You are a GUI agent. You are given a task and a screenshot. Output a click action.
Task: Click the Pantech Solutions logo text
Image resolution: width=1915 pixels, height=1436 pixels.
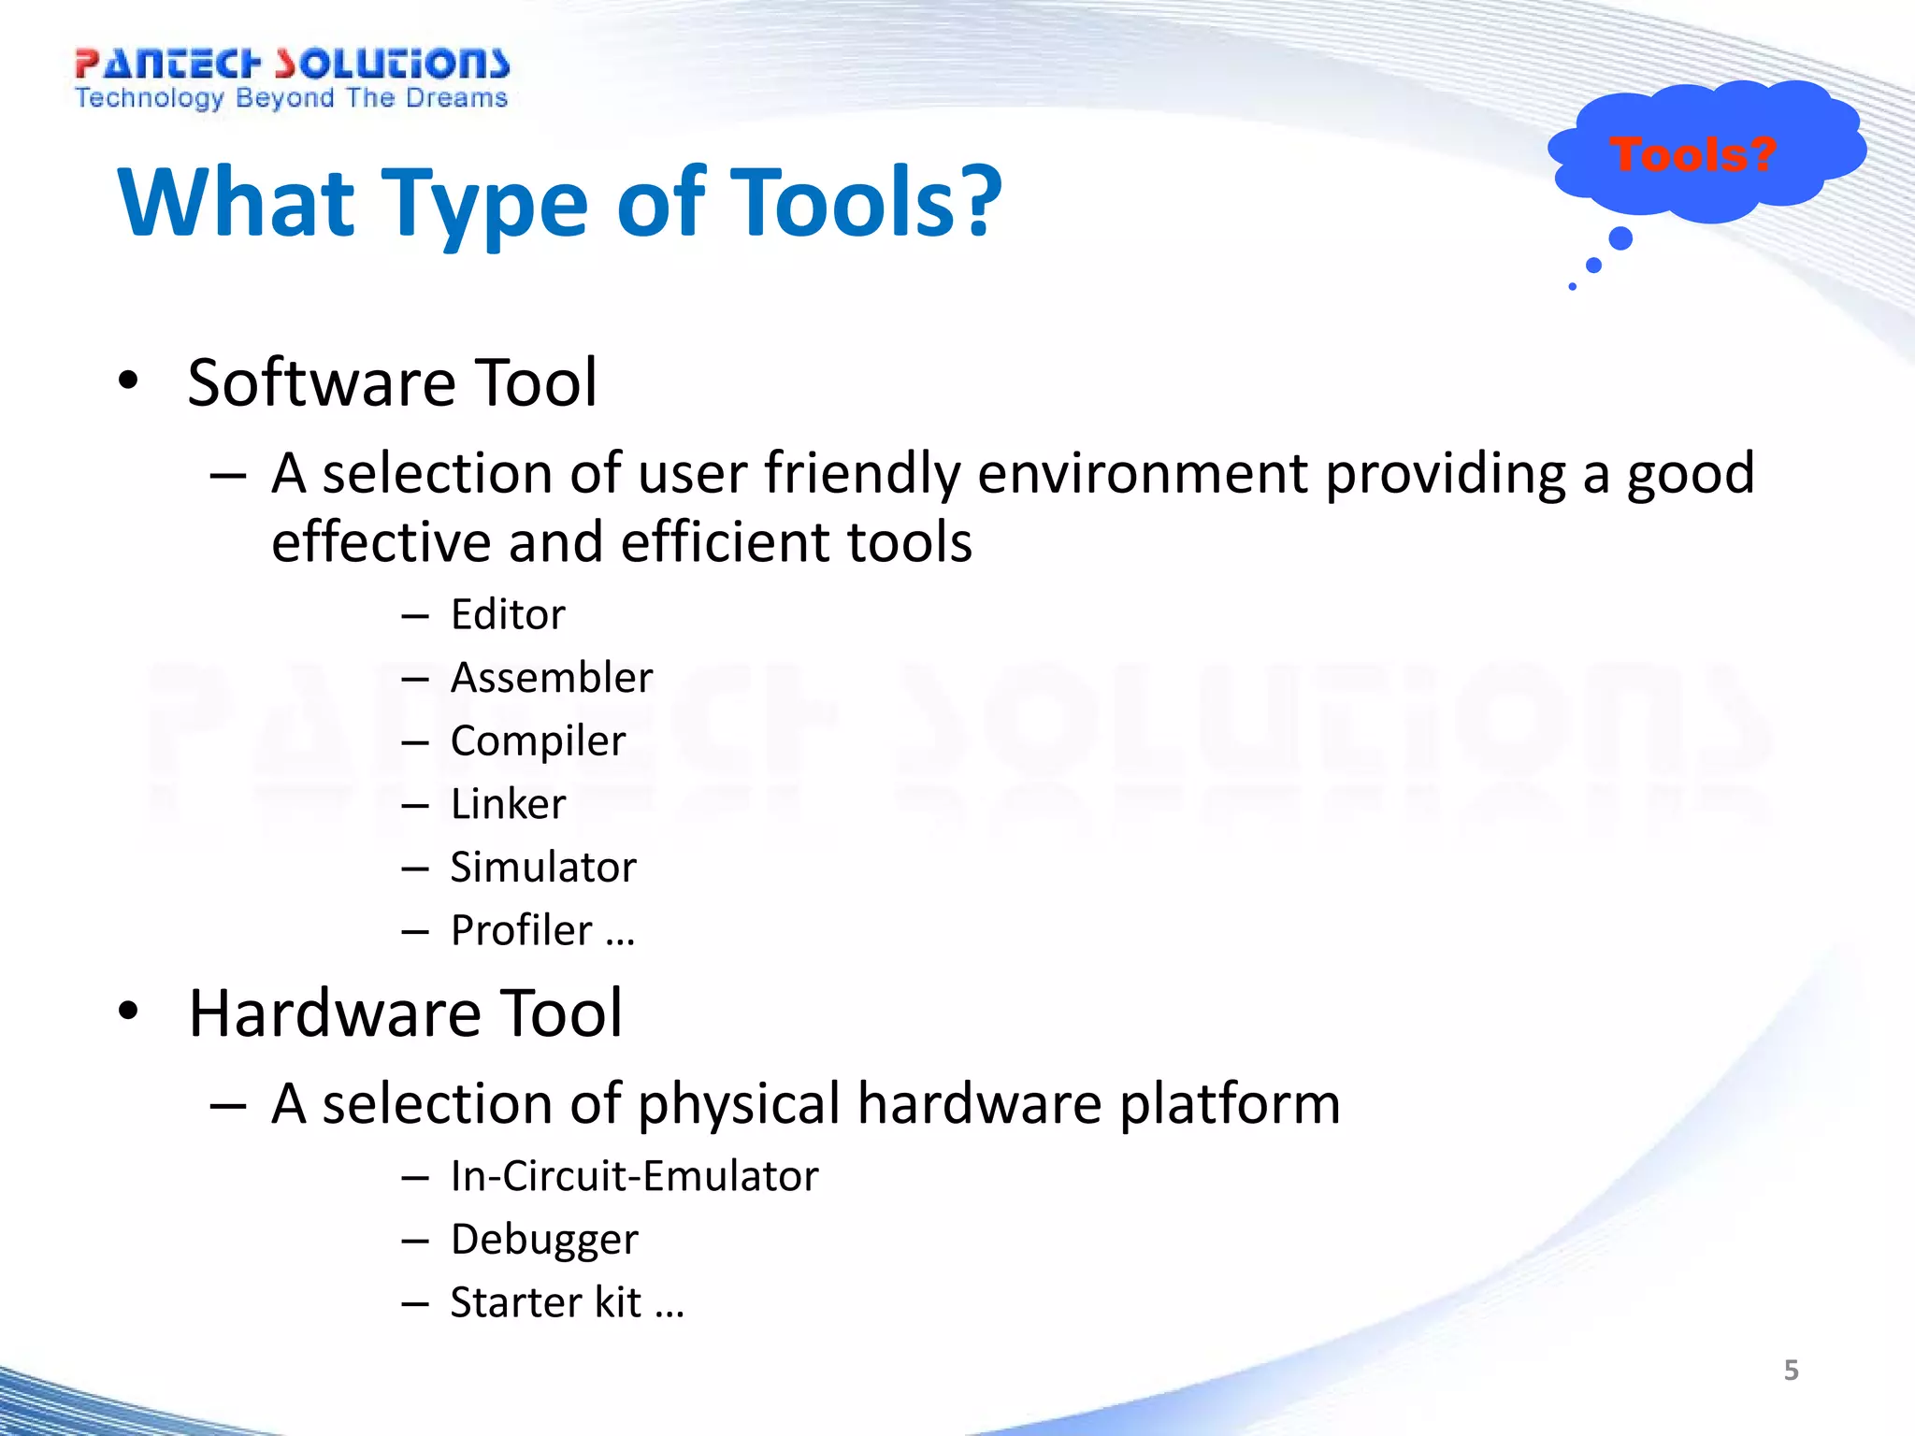(292, 64)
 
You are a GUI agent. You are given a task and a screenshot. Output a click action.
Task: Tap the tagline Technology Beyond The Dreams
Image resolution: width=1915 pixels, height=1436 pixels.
(291, 98)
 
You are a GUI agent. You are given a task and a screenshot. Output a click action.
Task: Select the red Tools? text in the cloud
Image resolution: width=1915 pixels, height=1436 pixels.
(1692, 154)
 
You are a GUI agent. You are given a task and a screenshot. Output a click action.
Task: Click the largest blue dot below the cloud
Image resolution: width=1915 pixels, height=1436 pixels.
(1620, 238)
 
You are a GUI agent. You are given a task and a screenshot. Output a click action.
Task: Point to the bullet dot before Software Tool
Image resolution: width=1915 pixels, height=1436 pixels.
(128, 381)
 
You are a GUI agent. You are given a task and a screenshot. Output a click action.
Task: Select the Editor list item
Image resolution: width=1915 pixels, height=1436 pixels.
(508, 614)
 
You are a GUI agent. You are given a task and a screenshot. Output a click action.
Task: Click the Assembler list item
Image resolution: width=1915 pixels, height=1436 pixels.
(551, 677)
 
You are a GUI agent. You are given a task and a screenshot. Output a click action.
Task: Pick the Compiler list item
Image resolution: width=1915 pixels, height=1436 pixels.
(538, 740)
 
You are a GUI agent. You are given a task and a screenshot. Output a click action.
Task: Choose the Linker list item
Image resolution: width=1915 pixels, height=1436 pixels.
(508, 804)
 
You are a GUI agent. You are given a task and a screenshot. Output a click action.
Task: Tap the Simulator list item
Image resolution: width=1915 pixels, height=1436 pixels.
(543, 867)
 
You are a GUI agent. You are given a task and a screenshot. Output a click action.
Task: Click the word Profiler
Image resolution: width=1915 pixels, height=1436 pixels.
(522, 930)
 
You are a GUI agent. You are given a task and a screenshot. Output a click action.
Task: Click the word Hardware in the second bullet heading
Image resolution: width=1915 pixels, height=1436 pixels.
(337, 1013)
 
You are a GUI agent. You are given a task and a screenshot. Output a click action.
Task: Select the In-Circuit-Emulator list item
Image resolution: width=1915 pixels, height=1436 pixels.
(634, 1176)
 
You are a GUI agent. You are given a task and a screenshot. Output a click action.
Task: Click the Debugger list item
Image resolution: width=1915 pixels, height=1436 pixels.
(544, 1240)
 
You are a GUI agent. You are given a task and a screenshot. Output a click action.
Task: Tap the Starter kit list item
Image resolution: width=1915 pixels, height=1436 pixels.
(546, 1302)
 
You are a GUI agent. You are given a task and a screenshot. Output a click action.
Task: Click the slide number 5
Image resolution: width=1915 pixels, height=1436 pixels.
(1791, 1371)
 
